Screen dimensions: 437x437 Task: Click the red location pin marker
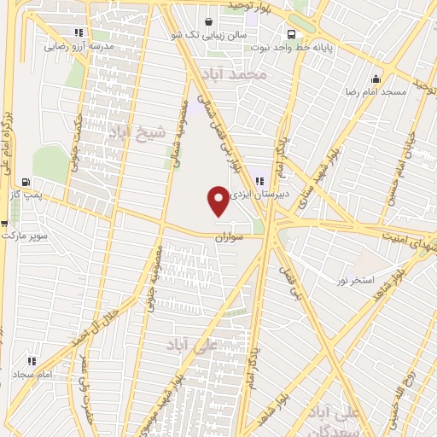pos(218,201)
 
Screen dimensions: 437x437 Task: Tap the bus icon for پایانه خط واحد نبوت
pos(293,35)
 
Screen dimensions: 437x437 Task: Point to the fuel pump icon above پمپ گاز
pos(26,182)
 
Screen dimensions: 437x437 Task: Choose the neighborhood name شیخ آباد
pos(132,132)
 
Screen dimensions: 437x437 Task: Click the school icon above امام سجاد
pos(32,361)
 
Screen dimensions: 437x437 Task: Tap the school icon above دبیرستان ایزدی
pos(260,179)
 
